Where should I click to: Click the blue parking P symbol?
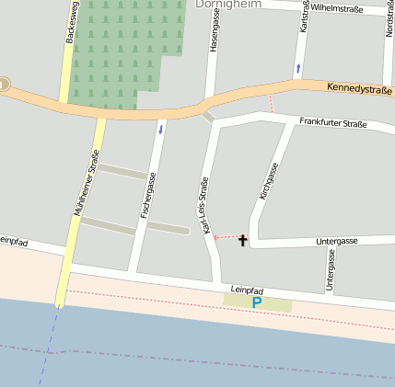pyautogui.click(x=257, y=302)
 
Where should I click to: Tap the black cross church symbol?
pyautogui.click(x=243, y=241)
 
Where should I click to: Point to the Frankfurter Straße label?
pyautogui.click(x=332, y=122)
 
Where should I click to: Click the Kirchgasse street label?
pyautogui.click(x=268, y=182)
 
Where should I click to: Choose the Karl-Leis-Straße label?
pyautogui.click(x=204, y=211)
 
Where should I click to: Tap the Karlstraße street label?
pyautogui.click(x=303, y=17)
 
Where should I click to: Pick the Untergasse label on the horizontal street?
pyautogui.click(x=336, y=241)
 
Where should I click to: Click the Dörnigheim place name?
pyautogui.click(x=228, y=5)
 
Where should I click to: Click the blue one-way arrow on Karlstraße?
pyautogui.click(x=297, y=69)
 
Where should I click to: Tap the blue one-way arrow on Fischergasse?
pyautogui.click(x=162, y=129)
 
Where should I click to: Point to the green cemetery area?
pyautogui.click(x=116, y=46)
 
